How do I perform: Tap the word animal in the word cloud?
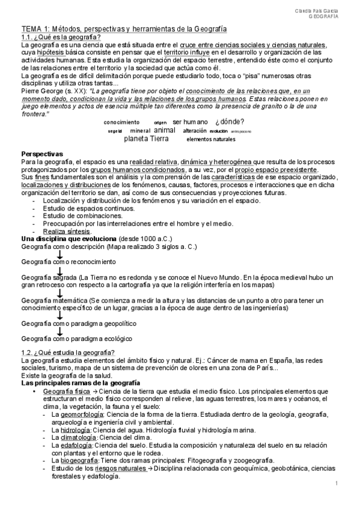[165, 130]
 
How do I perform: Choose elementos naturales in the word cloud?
[211, 139]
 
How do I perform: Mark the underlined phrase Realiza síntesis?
[67, 232]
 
